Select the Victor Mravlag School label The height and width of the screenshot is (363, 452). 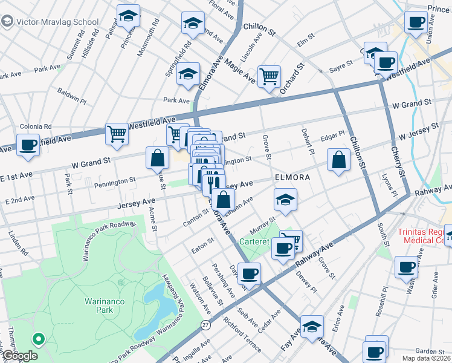pos(50,22)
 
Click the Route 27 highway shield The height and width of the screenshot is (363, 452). pos(205,325)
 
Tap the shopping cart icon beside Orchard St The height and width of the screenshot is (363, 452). pos(269,76)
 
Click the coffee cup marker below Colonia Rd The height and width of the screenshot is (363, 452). pos(28,146)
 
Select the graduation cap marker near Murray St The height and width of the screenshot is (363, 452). pos(285,199)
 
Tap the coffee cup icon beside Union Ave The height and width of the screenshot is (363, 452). pos(416,23)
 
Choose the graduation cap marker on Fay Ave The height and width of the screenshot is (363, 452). pos(312,326)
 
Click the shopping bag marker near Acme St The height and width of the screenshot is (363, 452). pos(157,158)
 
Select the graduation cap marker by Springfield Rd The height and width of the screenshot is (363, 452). pos(189,74)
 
